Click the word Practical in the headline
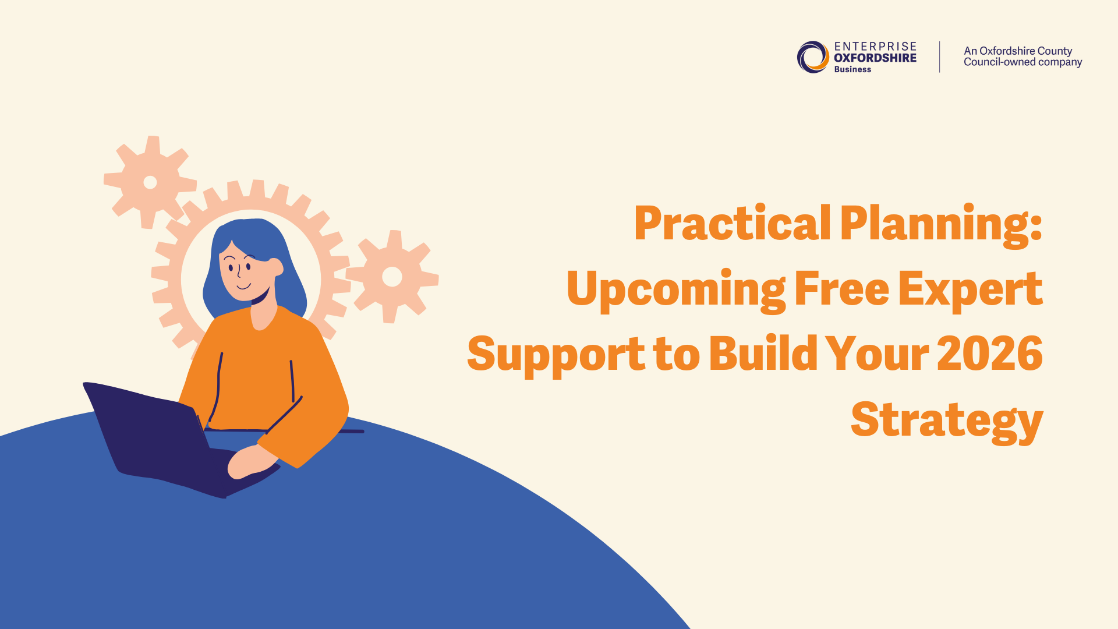733,223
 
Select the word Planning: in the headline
941,226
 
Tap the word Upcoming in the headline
676,291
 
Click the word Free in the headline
842,288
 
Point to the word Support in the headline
556,355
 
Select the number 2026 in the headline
990,354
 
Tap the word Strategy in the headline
947,421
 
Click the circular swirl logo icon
813,57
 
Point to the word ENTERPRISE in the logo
875,47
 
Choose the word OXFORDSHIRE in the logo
875,58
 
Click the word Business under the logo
852,69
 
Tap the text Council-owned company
1023,62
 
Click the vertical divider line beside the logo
940,57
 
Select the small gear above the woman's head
150,182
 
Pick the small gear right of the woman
392,277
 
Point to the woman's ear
277,267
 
